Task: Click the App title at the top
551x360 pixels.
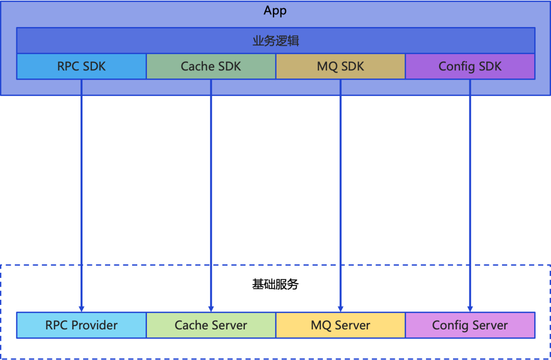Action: (275, 11)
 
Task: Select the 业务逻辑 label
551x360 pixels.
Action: (275, 41)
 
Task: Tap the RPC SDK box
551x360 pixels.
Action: (82, 66)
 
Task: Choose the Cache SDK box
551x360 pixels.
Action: (211, 66)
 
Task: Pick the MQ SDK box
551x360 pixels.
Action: (340, 66)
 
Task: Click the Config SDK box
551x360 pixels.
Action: (470, 66)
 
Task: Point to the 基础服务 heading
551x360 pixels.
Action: (275, 285)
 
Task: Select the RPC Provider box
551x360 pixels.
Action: (82, 325)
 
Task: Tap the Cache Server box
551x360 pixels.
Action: (211, 325)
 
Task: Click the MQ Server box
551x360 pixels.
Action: (340, 325)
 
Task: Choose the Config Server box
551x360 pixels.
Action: (470, 325)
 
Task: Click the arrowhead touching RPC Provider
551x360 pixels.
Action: (82, 308)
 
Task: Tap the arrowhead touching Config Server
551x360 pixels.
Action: (470, 308)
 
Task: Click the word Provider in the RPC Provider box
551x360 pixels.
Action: (94, 325)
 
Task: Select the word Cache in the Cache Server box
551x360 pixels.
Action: (191, 325)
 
